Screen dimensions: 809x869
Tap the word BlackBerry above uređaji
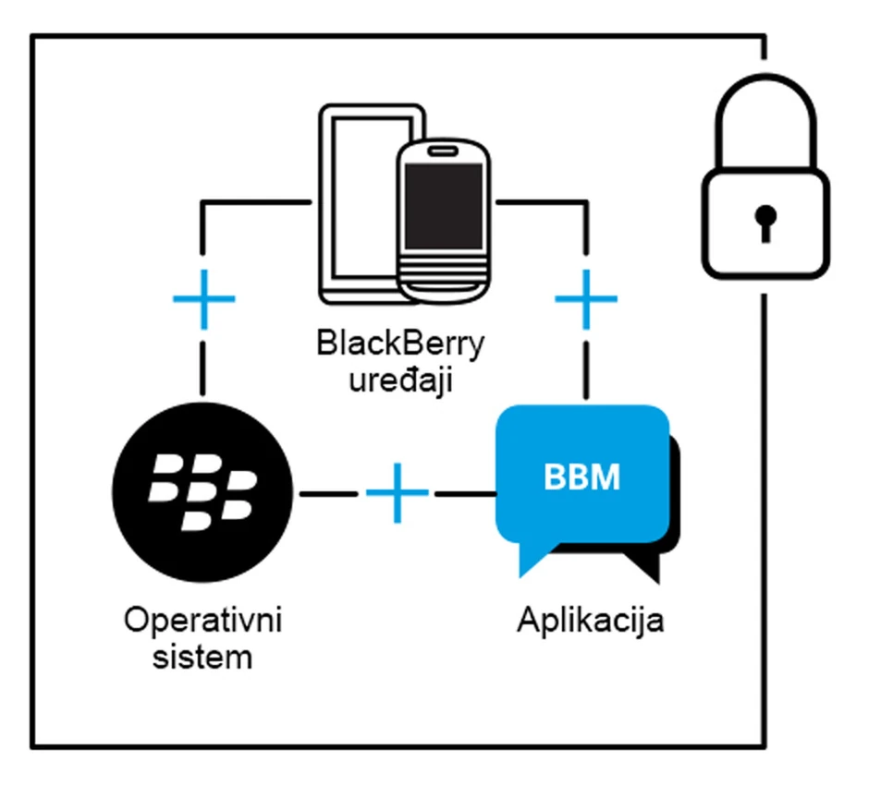[400, 344]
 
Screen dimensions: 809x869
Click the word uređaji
[400, 380]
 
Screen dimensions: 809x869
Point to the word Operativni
[202, 621]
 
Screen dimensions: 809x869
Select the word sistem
[202, 658]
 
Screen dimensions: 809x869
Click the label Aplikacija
[590, 621]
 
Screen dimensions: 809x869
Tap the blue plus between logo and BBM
[398, 493]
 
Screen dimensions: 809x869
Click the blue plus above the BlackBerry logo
[204, 299]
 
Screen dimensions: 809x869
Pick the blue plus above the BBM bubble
[585, 299]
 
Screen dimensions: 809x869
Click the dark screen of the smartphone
[443, 204]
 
